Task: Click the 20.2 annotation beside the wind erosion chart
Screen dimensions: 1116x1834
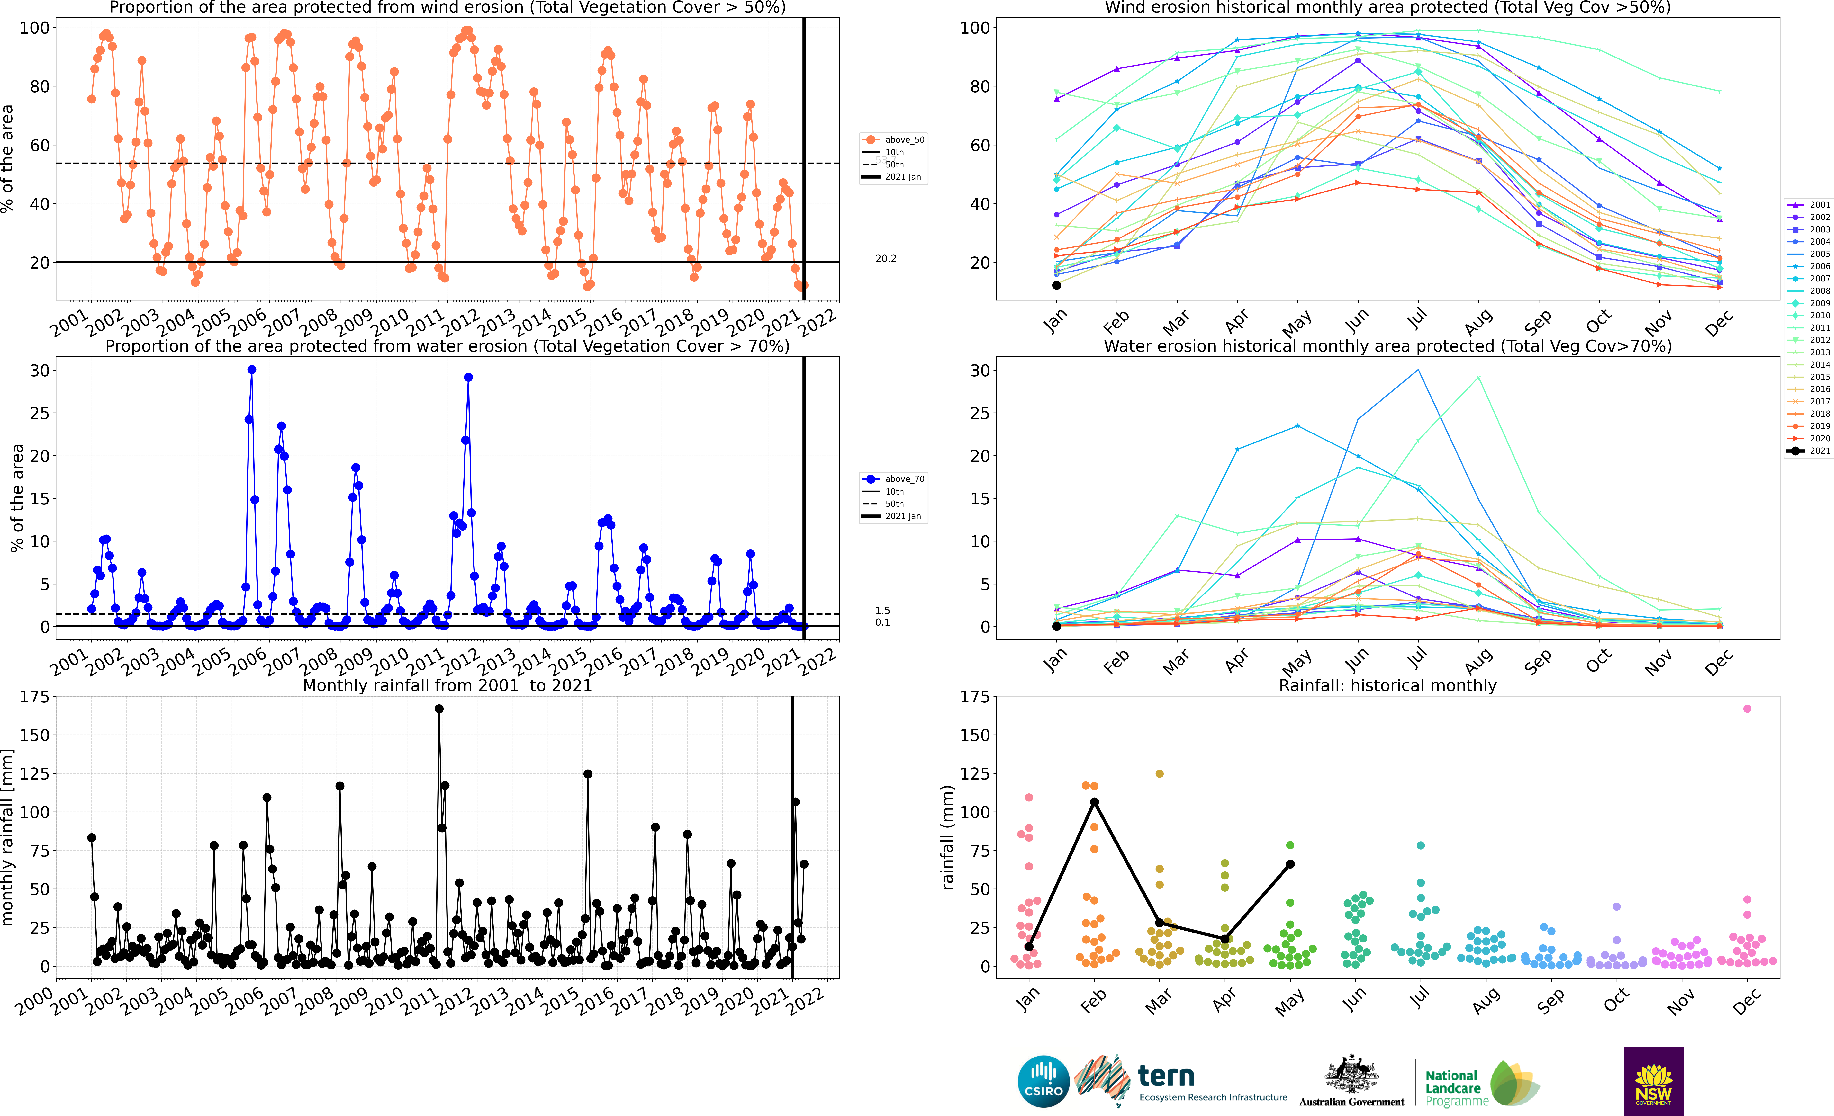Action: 886,258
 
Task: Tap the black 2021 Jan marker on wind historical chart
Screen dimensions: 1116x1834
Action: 1056,285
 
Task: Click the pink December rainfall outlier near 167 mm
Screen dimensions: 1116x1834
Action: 1747,709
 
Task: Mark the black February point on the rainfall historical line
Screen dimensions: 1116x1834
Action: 1094,802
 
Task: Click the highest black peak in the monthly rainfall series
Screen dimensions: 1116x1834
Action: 439,709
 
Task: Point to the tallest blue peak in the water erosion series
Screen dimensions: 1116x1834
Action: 252,370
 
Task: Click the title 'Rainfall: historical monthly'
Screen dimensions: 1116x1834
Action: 1387,685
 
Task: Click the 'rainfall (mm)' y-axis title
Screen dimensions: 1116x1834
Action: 947,837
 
